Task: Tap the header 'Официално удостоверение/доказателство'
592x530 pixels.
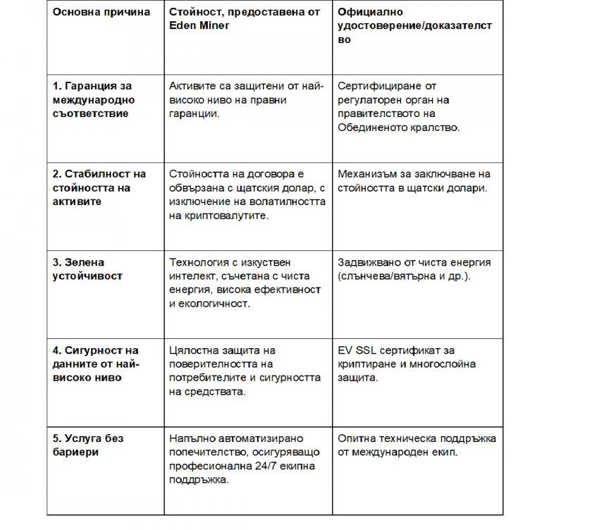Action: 415,27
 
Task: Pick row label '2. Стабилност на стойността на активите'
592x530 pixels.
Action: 99,187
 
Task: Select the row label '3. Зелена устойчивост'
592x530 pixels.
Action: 87,269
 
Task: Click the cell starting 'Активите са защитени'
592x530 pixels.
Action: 246,99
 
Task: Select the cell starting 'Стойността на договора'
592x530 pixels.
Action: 247,195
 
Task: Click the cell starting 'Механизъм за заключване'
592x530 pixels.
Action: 414,180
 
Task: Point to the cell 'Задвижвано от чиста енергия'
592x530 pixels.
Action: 414,269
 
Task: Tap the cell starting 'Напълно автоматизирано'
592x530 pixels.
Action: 244,459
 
